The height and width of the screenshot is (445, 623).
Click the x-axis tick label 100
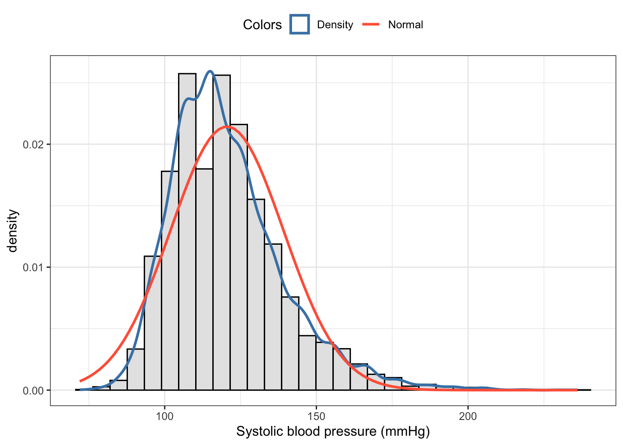coord(165,416)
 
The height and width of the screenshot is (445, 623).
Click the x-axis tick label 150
coord(316,416)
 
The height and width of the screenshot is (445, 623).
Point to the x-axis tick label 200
coord(468,416)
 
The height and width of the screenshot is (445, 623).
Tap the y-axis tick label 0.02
coord(33,145)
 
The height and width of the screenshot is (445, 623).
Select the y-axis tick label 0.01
coord(33,267)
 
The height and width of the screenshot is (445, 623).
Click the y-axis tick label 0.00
coord(33,391)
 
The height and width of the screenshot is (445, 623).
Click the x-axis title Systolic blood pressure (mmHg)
coord(333,432)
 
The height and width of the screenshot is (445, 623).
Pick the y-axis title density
coord(13,231)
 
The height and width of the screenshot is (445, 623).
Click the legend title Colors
coord(262,25)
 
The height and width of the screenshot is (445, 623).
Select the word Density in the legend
coord(335,25)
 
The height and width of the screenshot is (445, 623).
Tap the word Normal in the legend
coord(405,25)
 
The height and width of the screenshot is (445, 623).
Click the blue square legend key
coord(299,25)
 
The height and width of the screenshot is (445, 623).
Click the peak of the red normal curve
coord(226,127)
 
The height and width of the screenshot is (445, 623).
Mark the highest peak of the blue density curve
coord(210,71)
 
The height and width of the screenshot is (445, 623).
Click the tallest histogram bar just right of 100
coord(187,232)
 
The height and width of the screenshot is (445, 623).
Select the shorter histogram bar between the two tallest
coord(204,278)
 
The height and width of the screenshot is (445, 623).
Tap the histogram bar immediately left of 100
coord(153,324)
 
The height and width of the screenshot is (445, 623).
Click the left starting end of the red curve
coord(80,381)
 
